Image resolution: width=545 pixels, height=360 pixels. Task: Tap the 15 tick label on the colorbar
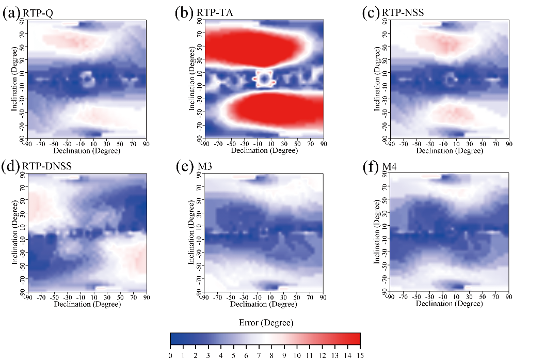pyautogui.click(x=359, y=354)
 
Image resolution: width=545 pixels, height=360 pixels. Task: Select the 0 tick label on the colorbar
pyautogui.click(x=170, y=354)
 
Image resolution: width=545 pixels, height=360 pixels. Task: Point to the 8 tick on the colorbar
pyautogui.click(x=271, y=354)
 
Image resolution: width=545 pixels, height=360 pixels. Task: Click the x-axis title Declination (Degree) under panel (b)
pyautogui.click(x=264, y=151)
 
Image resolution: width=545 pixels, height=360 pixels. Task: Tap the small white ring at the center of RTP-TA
pyautogui.click(x=264, y=79)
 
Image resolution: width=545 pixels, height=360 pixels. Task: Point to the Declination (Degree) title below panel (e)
pyautogui.click(x=264, y=305)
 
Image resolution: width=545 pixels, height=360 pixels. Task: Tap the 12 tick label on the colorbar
pyautogui.click(x=322, y=354)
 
